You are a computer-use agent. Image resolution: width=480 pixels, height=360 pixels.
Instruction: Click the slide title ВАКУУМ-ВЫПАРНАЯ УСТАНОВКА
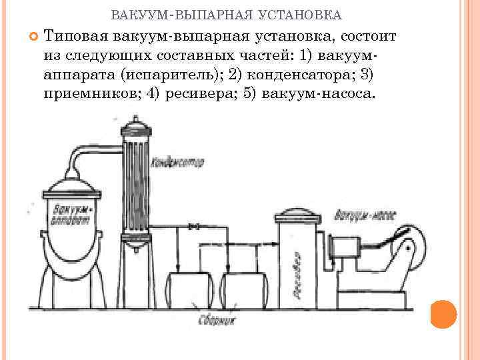point(226,14)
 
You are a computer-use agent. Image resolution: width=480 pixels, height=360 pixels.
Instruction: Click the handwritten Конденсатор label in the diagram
point(178,162)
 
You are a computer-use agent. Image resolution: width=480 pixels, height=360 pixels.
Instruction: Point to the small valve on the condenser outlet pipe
point(193,229)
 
